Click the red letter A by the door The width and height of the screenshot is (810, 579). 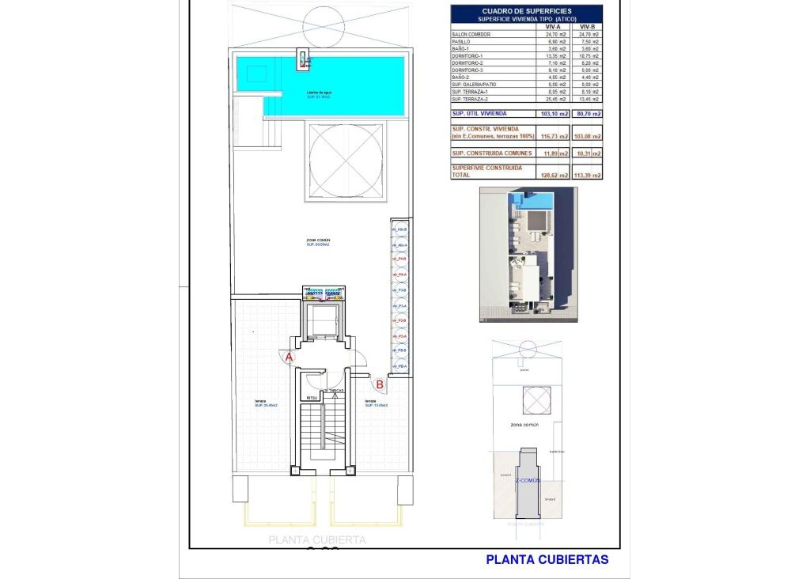290,358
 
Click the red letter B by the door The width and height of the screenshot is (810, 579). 380,384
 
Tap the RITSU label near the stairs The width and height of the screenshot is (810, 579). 312,398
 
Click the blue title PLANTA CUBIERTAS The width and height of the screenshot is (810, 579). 547,559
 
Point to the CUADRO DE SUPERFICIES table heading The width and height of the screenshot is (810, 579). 526,11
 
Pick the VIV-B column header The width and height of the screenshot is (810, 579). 586,26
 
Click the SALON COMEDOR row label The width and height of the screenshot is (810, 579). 471,35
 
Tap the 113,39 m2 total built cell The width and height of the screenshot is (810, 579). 586,175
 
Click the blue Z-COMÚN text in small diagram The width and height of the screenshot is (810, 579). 528,480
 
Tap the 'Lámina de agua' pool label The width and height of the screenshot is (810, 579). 320,94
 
